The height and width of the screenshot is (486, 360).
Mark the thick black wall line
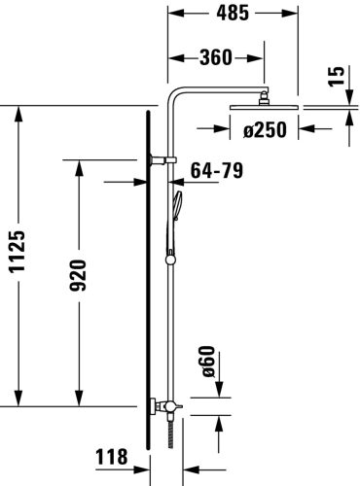click(147, 292)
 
